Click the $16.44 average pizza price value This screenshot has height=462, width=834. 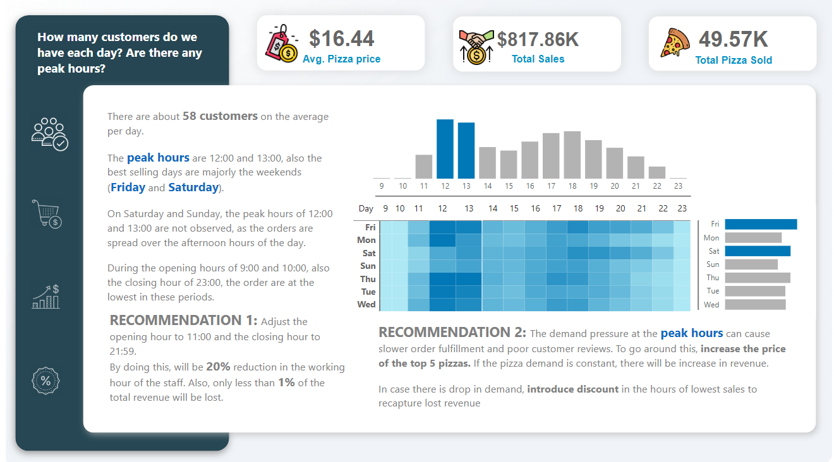pyautogui.click(x=342, y=39)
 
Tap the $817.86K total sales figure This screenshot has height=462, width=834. pyautogui.click(x=538, y=40)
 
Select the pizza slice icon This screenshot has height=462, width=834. pyautogui.click(x=675, y=44)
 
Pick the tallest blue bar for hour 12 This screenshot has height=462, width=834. pyautogui.click(x=445, y=149)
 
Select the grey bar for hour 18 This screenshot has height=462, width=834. pyautogui.click(x=572, y=155)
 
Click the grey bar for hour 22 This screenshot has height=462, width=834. pyautogui.click(x=657, y=172)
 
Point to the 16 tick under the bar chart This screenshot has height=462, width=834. pyautogui.click(x=529, y=186)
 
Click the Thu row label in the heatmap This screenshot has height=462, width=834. pyautogui.click(x=368, y=279)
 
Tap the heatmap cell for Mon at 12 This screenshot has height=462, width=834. pyautogui.click(x=442, y=240)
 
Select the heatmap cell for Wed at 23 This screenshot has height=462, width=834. pyautogui.click(x=682, y=305)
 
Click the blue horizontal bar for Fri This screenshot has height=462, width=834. pyautogui.click(x=761, y=224)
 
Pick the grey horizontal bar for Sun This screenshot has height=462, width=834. pyautogui.click(x=751, y=264)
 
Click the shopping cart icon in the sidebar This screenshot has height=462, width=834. pyautogui.click(x=47, y=214)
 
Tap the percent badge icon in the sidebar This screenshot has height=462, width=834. pyautogui.click(x=45, y=381)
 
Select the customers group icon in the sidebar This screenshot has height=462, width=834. pyautogui.click(x=49, y=133)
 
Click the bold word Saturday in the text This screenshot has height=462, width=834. pyautogui.click(x=193, y=187)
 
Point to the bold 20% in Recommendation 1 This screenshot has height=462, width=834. pyautogui.click(x=219, y=367)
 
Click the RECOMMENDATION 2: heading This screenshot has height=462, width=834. pyautogui.click(x=452, y=333)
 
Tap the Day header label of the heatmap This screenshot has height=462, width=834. pyautogui.click(x=366, y=208)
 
